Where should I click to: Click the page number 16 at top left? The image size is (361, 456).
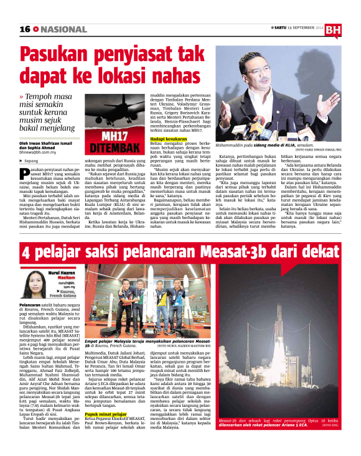pos(25,29)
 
